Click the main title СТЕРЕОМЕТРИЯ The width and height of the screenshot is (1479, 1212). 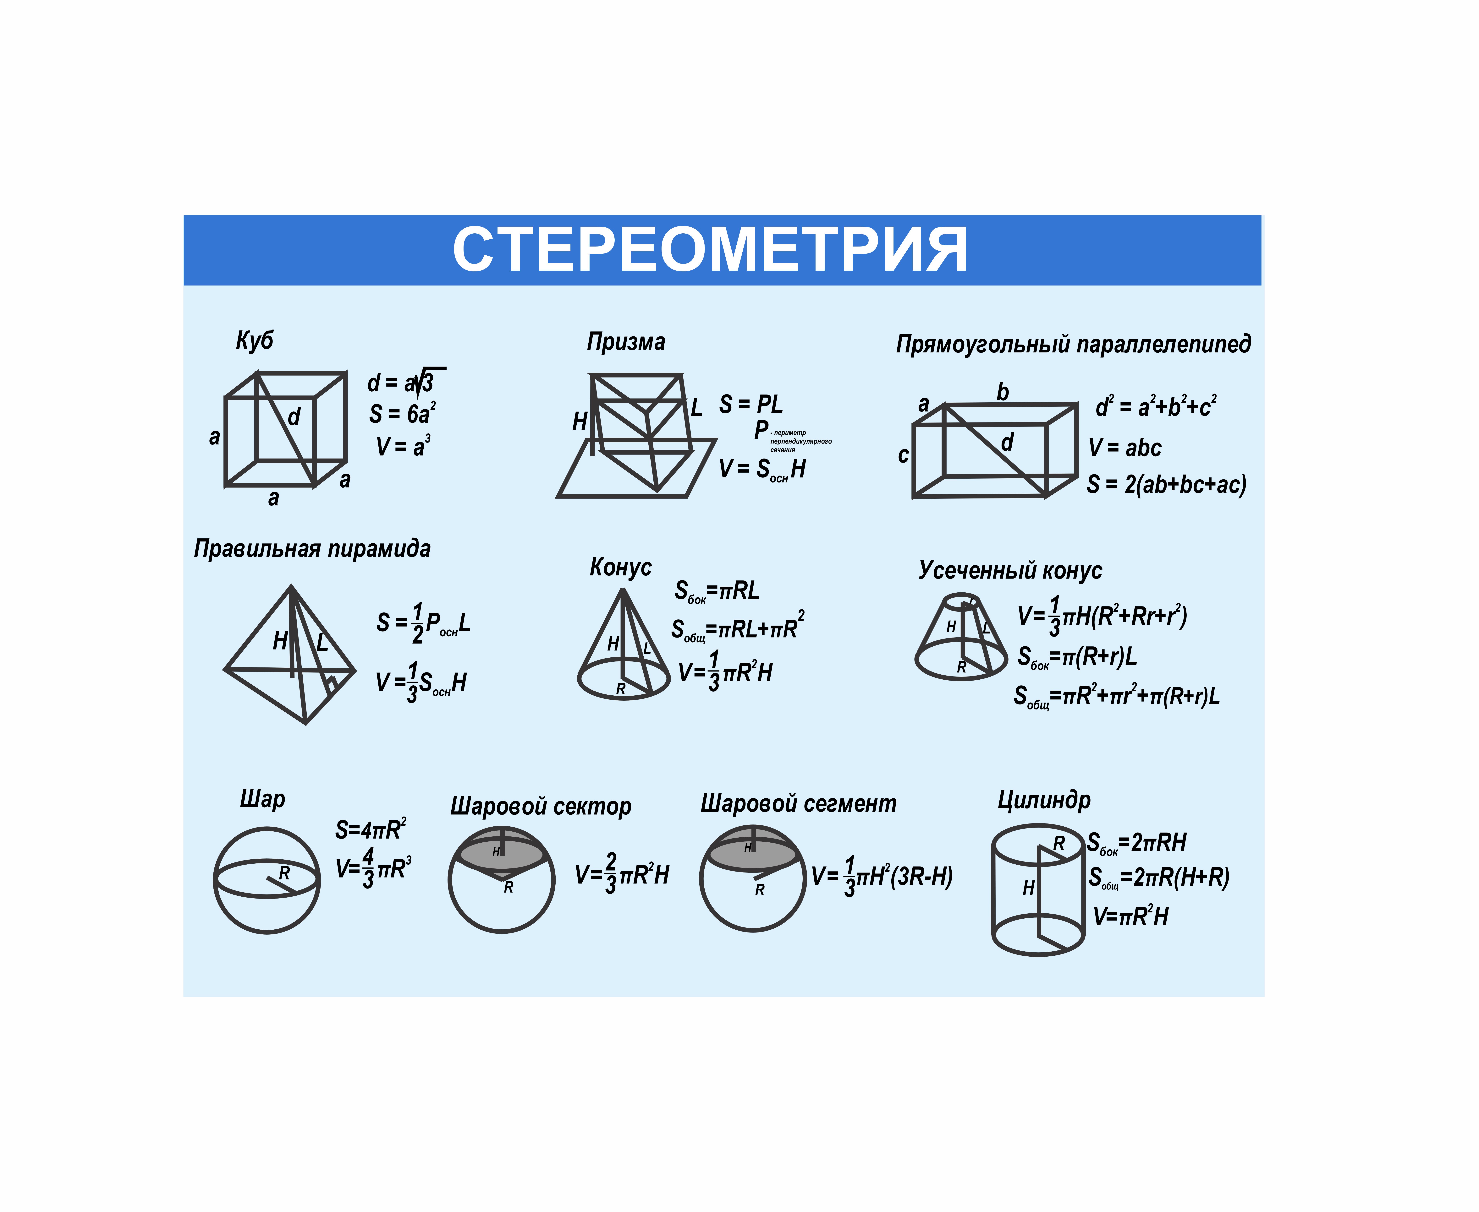click(710, 249)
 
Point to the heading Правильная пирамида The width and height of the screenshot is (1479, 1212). click(312, 549)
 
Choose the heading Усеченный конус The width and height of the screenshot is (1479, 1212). click(1010, 570)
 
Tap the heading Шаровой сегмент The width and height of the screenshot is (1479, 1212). click(798, 804)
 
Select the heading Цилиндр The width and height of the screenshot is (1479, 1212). click(1044, 800)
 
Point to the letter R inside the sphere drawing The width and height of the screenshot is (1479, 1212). click(284, 873)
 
